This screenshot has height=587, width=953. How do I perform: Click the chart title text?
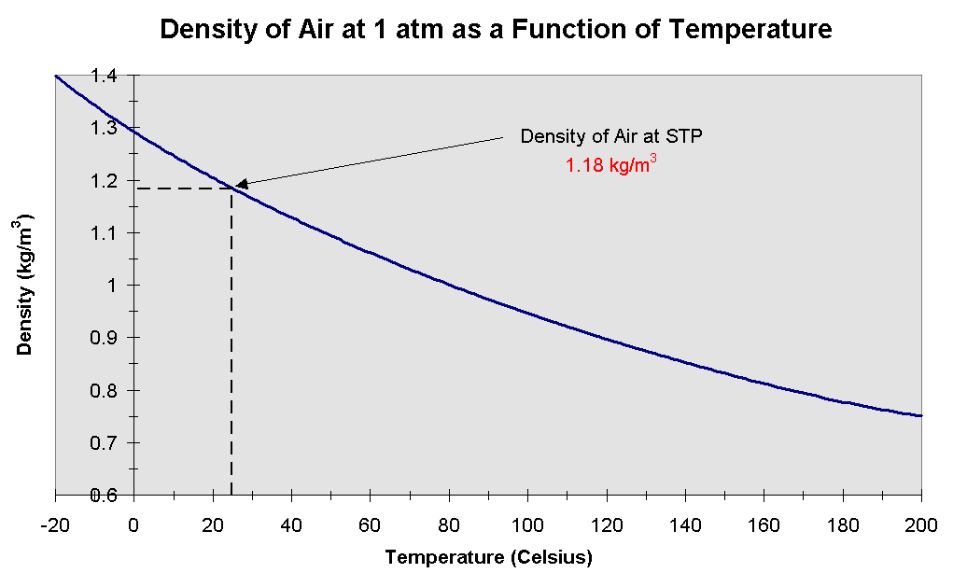pos(496,29)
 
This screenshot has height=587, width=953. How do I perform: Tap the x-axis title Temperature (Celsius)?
pos(488,558)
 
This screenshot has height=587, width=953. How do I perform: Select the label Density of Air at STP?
pos(611,136)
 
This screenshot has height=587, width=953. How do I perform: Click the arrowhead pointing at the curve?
pos(239,185)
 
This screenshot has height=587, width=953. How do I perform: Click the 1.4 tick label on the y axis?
pos(104,76)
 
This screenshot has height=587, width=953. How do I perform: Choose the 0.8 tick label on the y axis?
pos(104,390)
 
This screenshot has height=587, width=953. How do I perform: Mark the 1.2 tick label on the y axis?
pos(104,180)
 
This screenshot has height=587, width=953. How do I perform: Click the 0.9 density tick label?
pos(104,338)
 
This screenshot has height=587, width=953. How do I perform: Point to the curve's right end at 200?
pos(919,415)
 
